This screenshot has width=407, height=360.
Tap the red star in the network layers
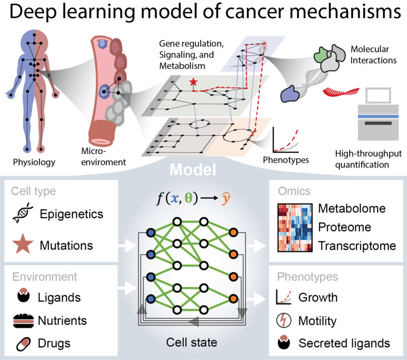[x=194, y=82]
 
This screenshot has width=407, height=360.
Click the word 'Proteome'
[x=345, y=227]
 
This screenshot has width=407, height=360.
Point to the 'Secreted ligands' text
[x=344, y=343]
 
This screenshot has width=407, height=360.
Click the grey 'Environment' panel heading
[x=44, y=277]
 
